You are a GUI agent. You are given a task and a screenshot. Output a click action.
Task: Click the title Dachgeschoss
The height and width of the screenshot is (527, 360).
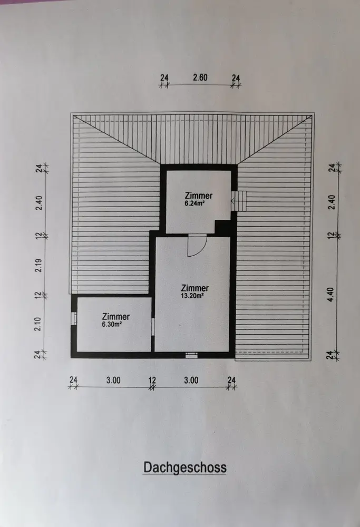pyautogui.click(x=184, y=467)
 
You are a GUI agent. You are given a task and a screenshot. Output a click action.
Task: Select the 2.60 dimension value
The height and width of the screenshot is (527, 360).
pyautogui.click(x=200, y=77)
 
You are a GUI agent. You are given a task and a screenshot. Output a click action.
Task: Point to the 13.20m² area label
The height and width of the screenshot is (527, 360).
pyautogui.click(x=194, y=296)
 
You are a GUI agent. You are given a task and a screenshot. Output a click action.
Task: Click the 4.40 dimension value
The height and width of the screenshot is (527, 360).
pyautogui.click(x=331, y=299)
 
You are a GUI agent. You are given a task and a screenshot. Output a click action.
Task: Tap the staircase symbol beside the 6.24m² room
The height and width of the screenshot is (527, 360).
pyautogui.click(x=240, y=201)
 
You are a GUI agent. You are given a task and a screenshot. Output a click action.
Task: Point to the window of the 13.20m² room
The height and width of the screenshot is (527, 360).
pyautogui.click(x=191, y=356)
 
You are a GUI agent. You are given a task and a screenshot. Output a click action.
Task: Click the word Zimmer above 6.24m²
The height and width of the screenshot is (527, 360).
pyautogui.click(x=198, y=196)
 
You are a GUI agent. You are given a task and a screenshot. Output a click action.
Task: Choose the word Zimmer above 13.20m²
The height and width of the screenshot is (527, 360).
pyautogui.click(x=194, y=288)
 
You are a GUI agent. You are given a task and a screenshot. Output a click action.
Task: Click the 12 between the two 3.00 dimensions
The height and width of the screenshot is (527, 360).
pyautogui.click(x=152, y=379)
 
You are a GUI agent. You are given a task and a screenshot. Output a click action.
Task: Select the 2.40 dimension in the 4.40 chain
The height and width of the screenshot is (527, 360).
pyautogui.click(x=331, y=202)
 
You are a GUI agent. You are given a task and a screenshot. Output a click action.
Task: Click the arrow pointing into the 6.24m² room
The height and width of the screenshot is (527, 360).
pyautogui.click(x=233, y=200)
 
